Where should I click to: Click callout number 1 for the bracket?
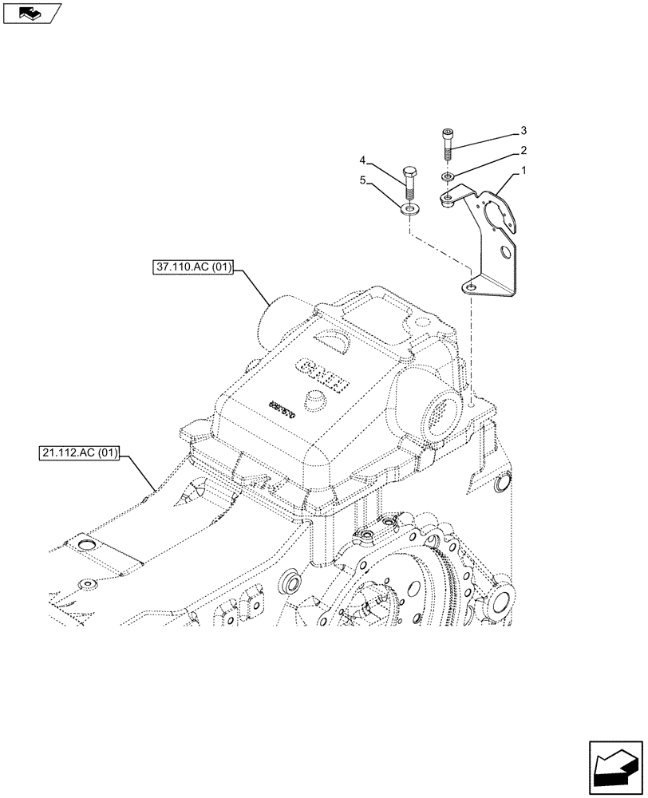[524, 171]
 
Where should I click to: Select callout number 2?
[524, 150]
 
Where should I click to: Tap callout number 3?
[524, 130]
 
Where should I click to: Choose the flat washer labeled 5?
[409, 210]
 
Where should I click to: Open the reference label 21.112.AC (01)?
[78, 455]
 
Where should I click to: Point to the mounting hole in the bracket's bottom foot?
[472, 287]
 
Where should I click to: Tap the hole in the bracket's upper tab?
[449, 196]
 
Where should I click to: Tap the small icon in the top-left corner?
[32, 13]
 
